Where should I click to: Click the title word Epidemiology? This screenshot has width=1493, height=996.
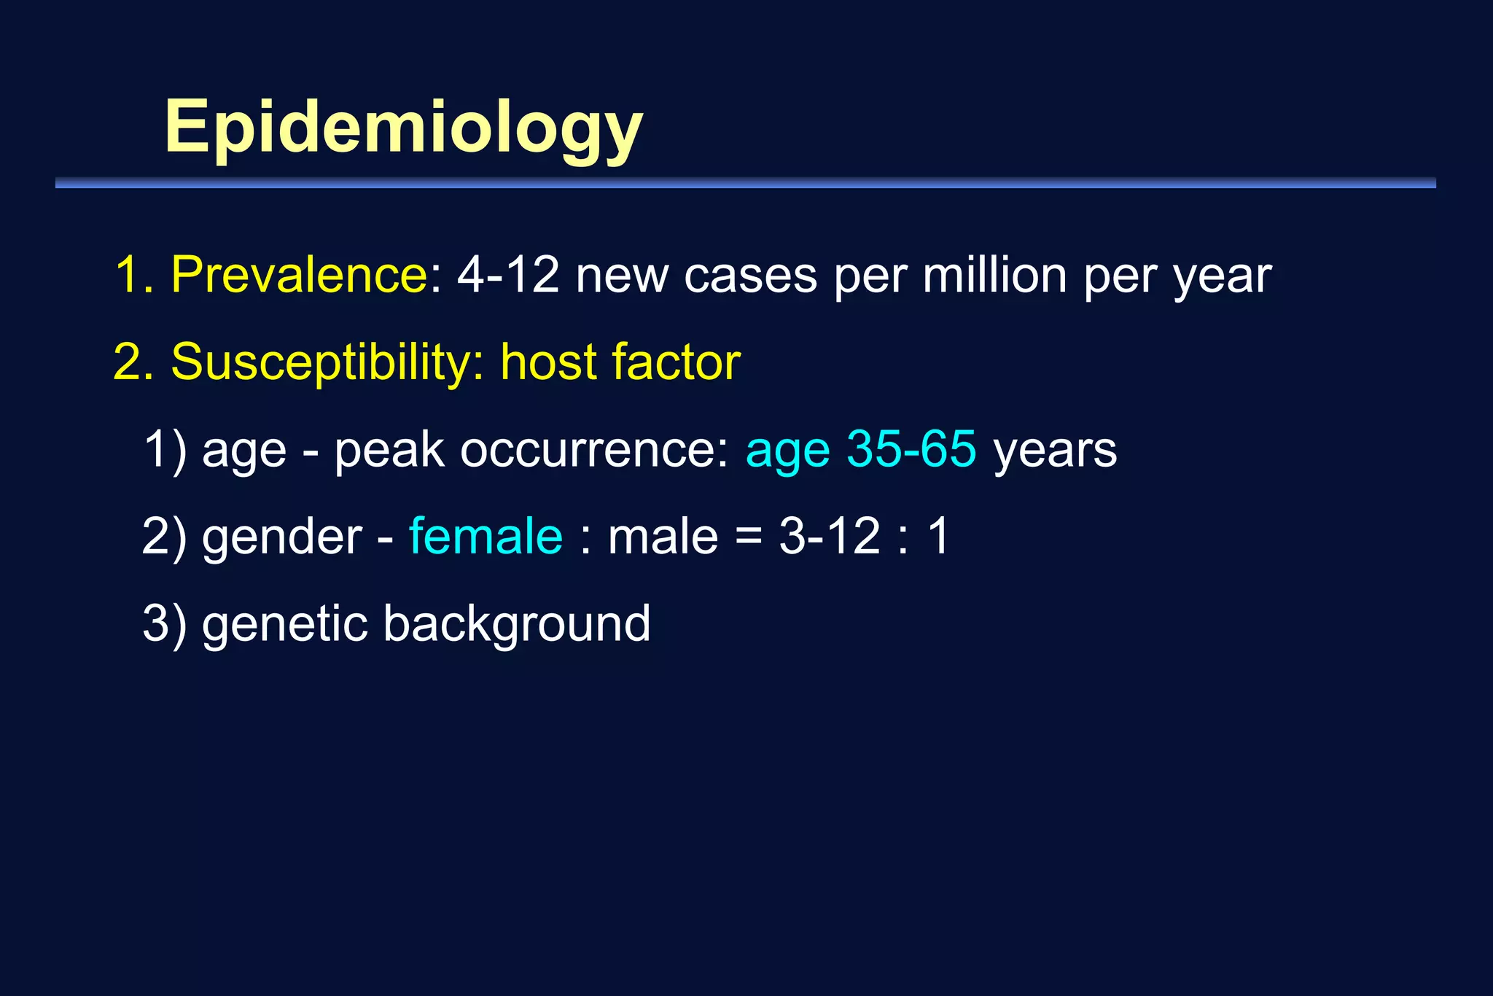tap(403, 128)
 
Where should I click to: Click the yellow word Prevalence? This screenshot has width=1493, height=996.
tap(299, 275)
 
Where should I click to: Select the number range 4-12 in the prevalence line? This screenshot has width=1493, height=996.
tap(508, 275)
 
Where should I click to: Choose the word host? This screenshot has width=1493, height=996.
tap(548, 362)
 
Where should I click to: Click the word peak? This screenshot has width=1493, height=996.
tap(389, 451)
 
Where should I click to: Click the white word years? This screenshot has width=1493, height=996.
tap(1055, 451)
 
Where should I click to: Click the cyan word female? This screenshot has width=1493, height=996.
tap(486, 536)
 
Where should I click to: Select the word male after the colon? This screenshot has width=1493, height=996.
tap(663, 536)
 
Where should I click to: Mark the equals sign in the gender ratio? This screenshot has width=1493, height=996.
tap(748, 537)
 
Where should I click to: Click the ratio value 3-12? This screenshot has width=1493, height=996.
tap(830, 536)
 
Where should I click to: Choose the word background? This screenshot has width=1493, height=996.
tap(516, 625)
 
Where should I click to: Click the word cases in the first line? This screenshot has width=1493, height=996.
tap(750, 276)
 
